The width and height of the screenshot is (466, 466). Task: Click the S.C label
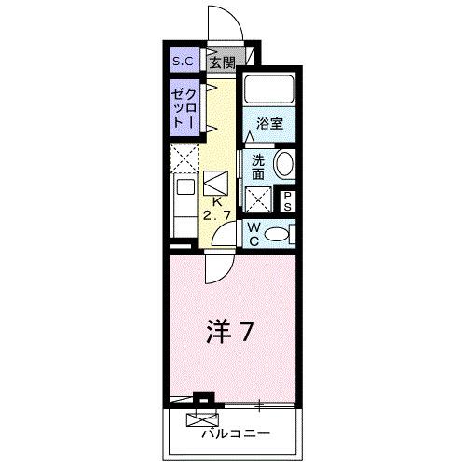pos(181,62)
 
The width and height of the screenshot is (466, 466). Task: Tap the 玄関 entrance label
pos(221,62)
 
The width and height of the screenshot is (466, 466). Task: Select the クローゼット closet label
pos(183,108)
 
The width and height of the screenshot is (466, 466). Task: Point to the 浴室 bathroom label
pos(269,122)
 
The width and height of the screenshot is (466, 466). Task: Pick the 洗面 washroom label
pos(257,165)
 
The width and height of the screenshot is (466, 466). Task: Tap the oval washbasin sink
pos(284,166)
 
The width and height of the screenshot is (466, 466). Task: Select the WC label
pos(253,232)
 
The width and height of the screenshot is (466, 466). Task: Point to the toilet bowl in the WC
pos(279,233)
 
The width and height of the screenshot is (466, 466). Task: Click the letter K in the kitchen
pos(216,200)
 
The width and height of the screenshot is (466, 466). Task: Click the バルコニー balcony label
pos(234,434)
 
